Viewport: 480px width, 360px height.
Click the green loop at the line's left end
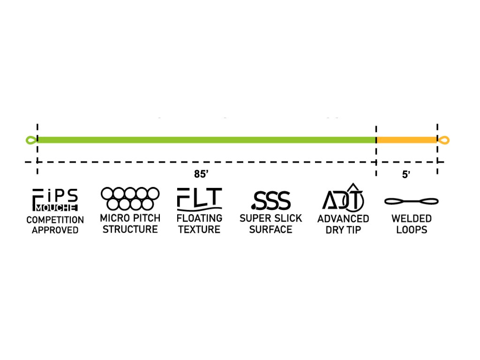click(31, 140)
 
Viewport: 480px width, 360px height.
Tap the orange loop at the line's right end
click(444, 140)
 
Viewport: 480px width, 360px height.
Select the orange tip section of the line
click(406, 140)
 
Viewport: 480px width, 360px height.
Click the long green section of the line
click(206, 140)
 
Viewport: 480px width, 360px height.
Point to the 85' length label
click(201, 174)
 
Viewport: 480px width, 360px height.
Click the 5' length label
click(406, 175)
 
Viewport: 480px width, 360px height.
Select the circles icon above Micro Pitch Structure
click(130, 199)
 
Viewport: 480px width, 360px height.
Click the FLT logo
click(199, 199)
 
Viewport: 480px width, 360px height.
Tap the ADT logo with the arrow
click(343, 197)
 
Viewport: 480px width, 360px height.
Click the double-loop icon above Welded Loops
click(411, 202)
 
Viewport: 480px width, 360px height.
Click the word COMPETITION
click(55, 220)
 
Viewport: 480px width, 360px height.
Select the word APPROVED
click(55, 231)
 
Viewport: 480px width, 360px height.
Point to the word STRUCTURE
click(130, 229)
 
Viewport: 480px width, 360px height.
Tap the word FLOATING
click(199, 218)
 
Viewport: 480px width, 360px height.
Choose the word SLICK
click(288, 218)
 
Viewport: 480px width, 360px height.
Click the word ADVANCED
click(343, 219)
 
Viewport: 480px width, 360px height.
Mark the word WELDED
click(411, 219)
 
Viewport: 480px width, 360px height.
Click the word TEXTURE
click(199, 229)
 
